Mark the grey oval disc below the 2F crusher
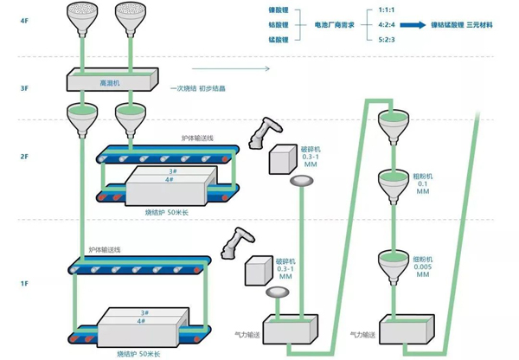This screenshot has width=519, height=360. point(302,181)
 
